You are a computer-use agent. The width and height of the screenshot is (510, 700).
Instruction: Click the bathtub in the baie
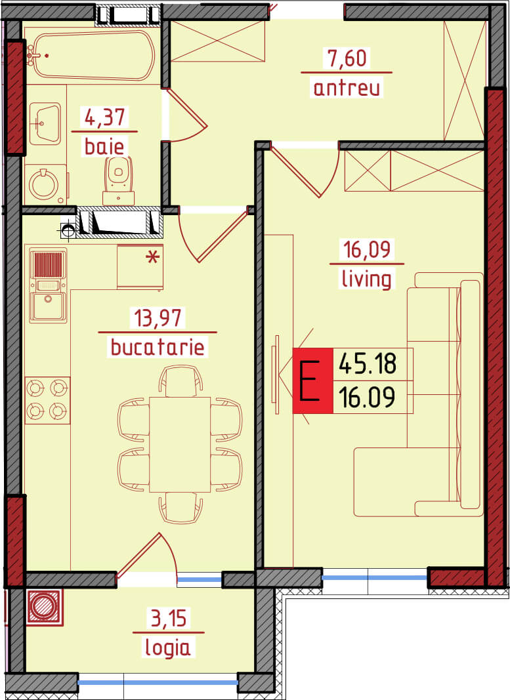point(93,55)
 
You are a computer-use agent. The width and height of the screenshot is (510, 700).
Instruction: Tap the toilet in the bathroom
point(119,182)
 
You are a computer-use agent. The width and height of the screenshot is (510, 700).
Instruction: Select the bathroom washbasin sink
point(45,123)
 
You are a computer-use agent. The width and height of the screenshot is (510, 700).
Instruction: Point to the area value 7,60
point(347,58)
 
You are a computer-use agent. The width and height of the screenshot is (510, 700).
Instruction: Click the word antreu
point(347,87)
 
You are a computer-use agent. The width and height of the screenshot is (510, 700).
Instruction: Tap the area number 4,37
point(105,117)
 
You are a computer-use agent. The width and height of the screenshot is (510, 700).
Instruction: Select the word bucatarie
point(158,347)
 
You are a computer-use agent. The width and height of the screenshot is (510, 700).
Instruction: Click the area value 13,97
point(158,318)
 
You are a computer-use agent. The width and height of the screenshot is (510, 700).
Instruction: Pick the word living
point(367,279)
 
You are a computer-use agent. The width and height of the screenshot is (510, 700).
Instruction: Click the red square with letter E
point(312,381)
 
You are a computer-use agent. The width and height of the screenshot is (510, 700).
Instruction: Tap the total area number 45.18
point(367,363)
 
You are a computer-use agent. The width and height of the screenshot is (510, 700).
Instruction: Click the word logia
point(167,648)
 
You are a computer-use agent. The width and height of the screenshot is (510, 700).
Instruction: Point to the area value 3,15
point(169,618)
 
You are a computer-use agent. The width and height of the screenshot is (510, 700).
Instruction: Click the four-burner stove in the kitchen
point(47,400)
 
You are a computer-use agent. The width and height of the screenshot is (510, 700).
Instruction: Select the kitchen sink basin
point(48,306)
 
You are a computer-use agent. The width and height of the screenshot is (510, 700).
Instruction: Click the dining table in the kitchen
point(180,444)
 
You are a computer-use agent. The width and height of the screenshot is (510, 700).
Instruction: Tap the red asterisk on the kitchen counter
point(152,257)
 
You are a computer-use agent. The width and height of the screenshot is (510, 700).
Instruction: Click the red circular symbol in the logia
point(44,606)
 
